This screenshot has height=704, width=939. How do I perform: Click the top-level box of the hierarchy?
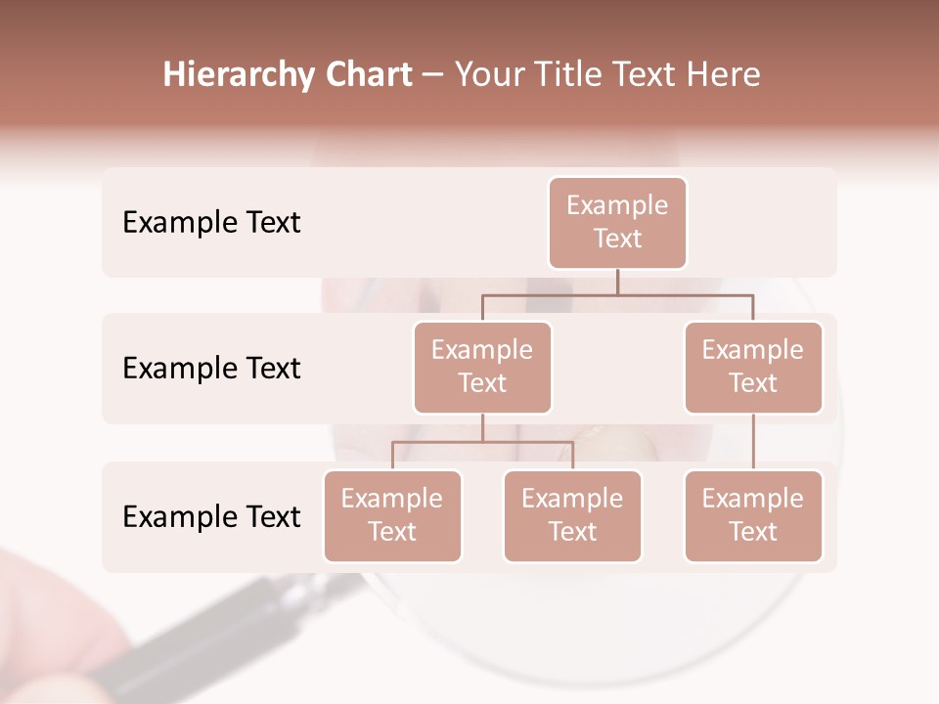[x=617, y=222]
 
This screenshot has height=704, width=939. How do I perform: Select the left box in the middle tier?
[x=482, y=367]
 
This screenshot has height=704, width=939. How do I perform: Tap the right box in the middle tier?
[x=753, y=367]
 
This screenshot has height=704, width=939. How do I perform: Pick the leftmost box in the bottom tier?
[x=392, y=515]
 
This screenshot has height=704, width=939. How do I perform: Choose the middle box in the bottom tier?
[x=572, y=515]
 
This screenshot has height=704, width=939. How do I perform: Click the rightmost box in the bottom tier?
[x=753, y=515]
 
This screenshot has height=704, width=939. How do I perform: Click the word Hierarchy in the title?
[x=239, y=75]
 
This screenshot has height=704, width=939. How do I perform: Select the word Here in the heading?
[x=724, y=75]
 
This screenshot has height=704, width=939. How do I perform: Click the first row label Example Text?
[x=211, y=223]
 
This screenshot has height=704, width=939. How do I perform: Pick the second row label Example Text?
[x=211, y=369]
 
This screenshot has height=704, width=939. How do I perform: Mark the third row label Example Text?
[x=211, y=516]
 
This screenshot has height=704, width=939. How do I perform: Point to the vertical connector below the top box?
[x=617, y=282]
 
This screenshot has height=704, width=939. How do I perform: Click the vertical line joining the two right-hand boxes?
[x=753, y=442]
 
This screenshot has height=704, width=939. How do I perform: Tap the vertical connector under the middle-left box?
[x=482, y=427]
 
